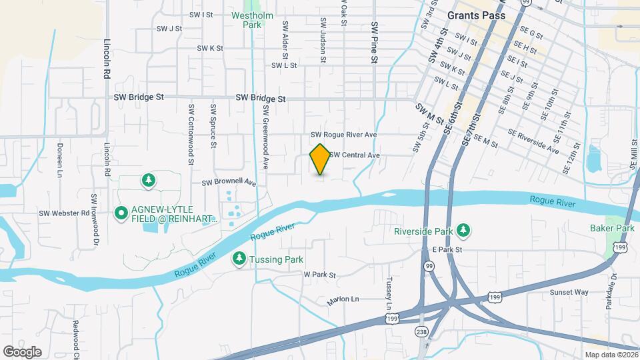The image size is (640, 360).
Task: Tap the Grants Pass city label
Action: tap(476, 15)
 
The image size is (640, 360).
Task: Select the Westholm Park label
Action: tap(246, 19)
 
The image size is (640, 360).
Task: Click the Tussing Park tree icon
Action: tap(239, 258)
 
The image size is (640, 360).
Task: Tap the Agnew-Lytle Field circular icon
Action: tap(121, 213)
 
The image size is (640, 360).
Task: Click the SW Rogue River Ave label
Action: tap(344, 135)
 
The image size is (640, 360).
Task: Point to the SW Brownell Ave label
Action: tap(229, 182)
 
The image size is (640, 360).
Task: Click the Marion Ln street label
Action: tap(343, 301)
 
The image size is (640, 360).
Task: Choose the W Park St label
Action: tap(319, 274)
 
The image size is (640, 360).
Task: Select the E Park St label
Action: tap(447, 249)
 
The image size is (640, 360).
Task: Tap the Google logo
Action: tap(22, 351)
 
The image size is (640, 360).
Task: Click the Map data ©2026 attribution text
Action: tap(610, 355)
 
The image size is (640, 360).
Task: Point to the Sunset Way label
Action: tap(569, 292)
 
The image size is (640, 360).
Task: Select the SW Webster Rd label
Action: tap(64, 213)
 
